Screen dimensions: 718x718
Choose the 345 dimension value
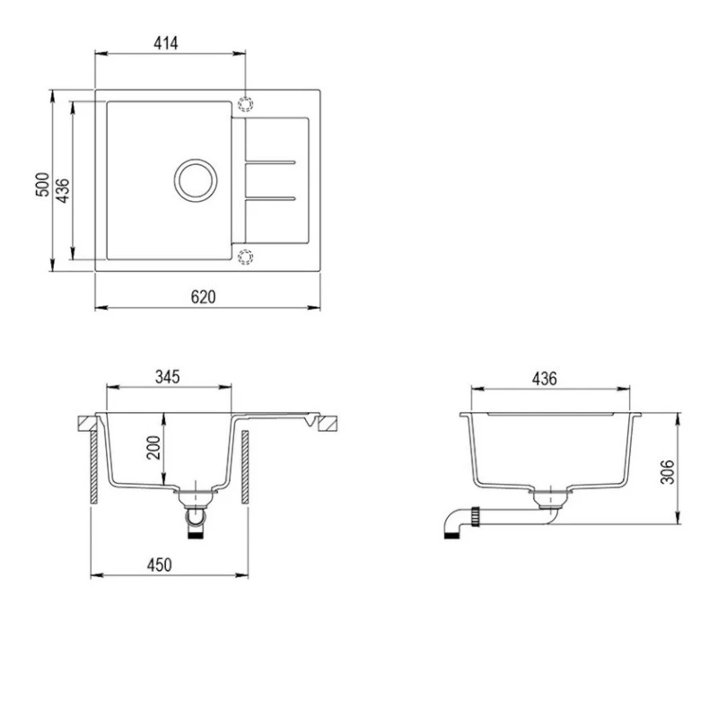[168, 376]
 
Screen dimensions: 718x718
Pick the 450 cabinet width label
[159, 565]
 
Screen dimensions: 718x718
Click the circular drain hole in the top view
[195, 178]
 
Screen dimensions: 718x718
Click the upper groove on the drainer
[269, 162]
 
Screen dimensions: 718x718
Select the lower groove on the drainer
[269, 196]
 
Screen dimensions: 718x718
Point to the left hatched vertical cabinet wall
[93, 469]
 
